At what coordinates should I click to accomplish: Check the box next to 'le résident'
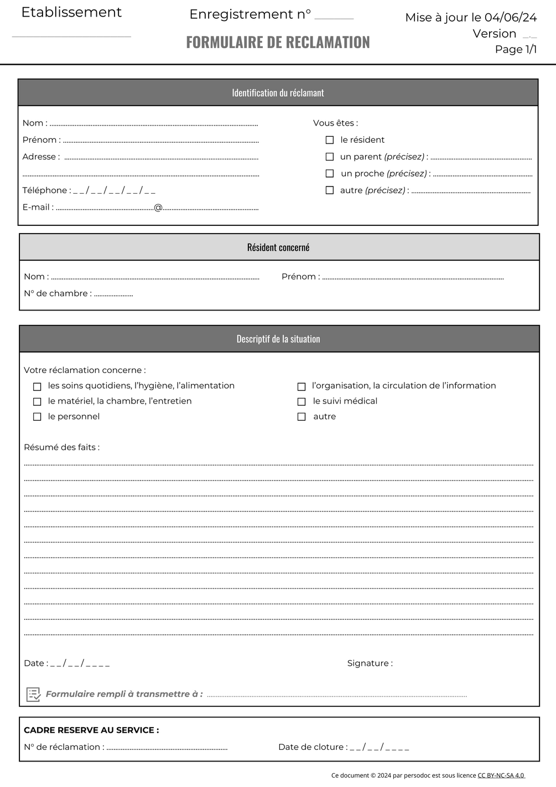[330, 140]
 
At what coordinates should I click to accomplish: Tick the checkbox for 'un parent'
[330, 157]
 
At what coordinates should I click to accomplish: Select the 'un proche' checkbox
[330, 173]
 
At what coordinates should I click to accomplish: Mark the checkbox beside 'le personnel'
[37, 417]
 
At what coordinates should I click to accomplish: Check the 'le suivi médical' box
[302, 401]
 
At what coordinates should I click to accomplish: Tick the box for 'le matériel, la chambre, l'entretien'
[37, 401]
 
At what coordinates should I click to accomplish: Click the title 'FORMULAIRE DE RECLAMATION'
[278, 42]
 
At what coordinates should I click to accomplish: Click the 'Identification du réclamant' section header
[278, 93]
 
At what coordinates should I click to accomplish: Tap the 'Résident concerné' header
[278, 247]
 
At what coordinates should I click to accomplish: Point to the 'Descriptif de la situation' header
[278, 339]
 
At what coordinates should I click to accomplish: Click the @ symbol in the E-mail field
[158, 208]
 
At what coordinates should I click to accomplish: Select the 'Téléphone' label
[45, 190]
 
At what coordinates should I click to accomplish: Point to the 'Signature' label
[369, 663]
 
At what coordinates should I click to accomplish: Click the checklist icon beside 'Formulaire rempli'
[34, 694]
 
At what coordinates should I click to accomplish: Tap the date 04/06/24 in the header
[511, 18]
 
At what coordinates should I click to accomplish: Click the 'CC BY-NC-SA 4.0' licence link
[501, 775]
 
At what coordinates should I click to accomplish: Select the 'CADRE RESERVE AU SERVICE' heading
[91, 730]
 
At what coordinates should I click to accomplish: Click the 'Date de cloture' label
[311, 747]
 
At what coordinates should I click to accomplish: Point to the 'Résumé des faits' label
[61, 447]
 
